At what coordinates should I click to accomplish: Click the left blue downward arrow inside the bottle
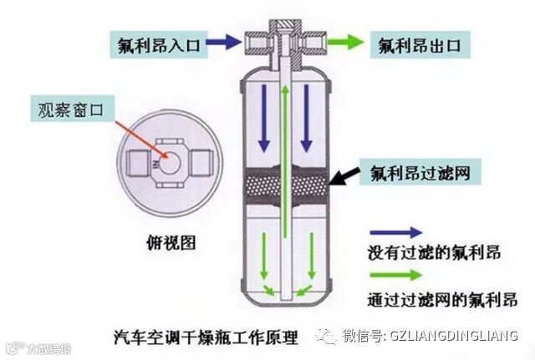pyautogui.click(x=263, y=117)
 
